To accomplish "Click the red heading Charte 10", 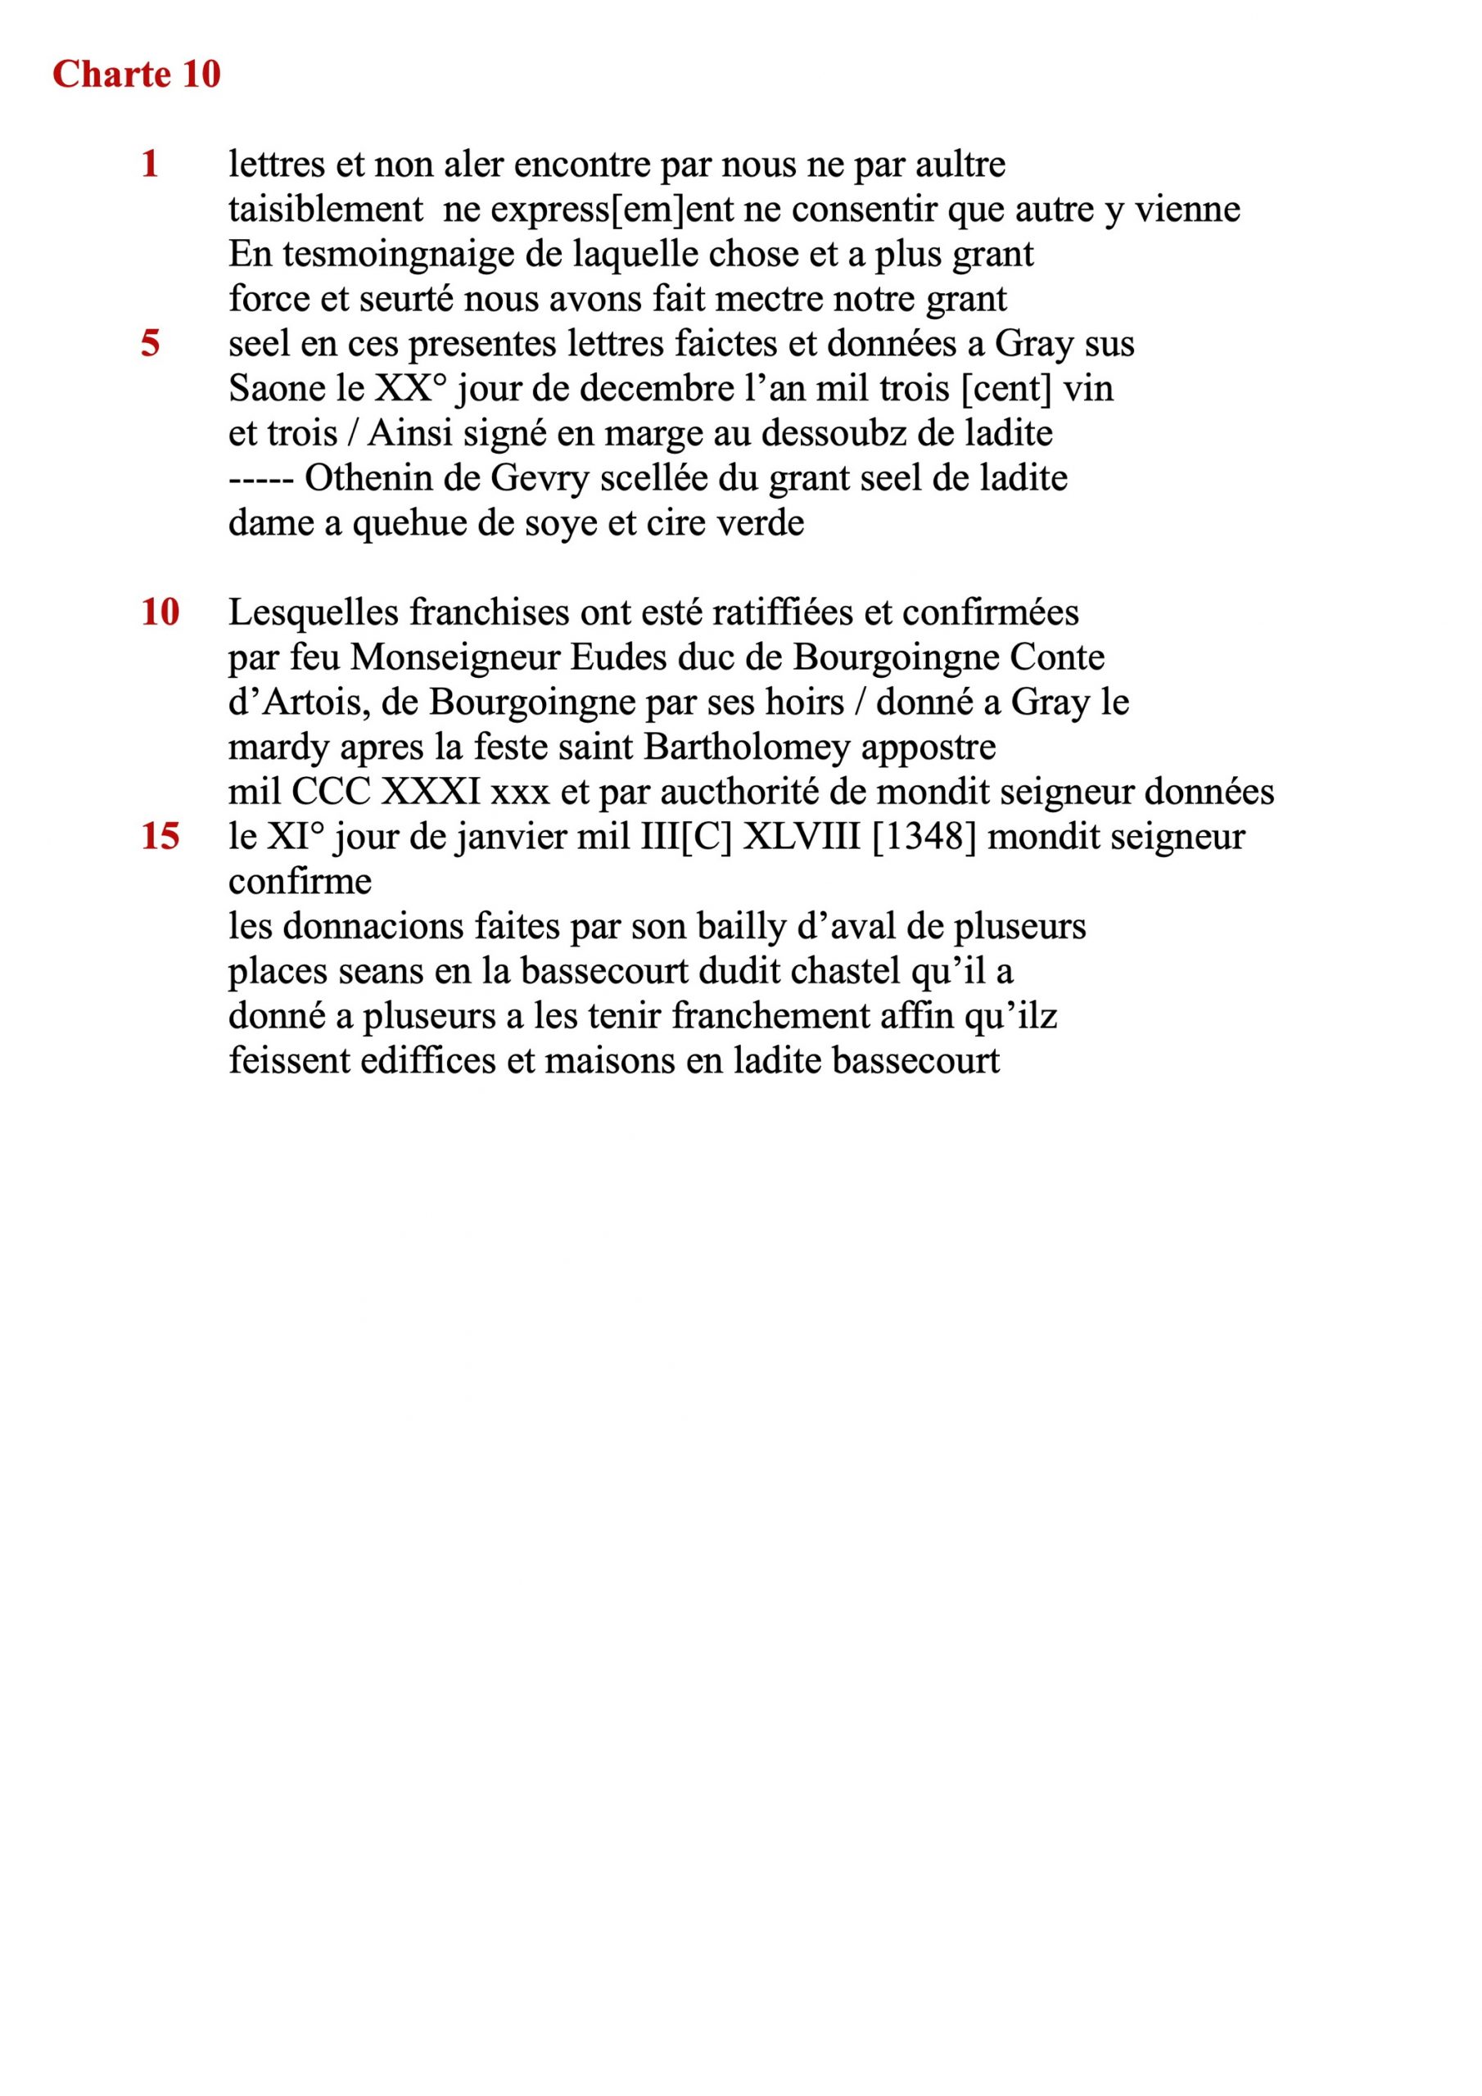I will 136,75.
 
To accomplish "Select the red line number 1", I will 150,165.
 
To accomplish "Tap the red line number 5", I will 150,343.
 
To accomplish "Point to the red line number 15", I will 160,836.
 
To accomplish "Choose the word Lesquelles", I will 314,612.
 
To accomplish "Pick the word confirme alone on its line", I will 300,881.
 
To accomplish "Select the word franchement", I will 770,1015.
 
